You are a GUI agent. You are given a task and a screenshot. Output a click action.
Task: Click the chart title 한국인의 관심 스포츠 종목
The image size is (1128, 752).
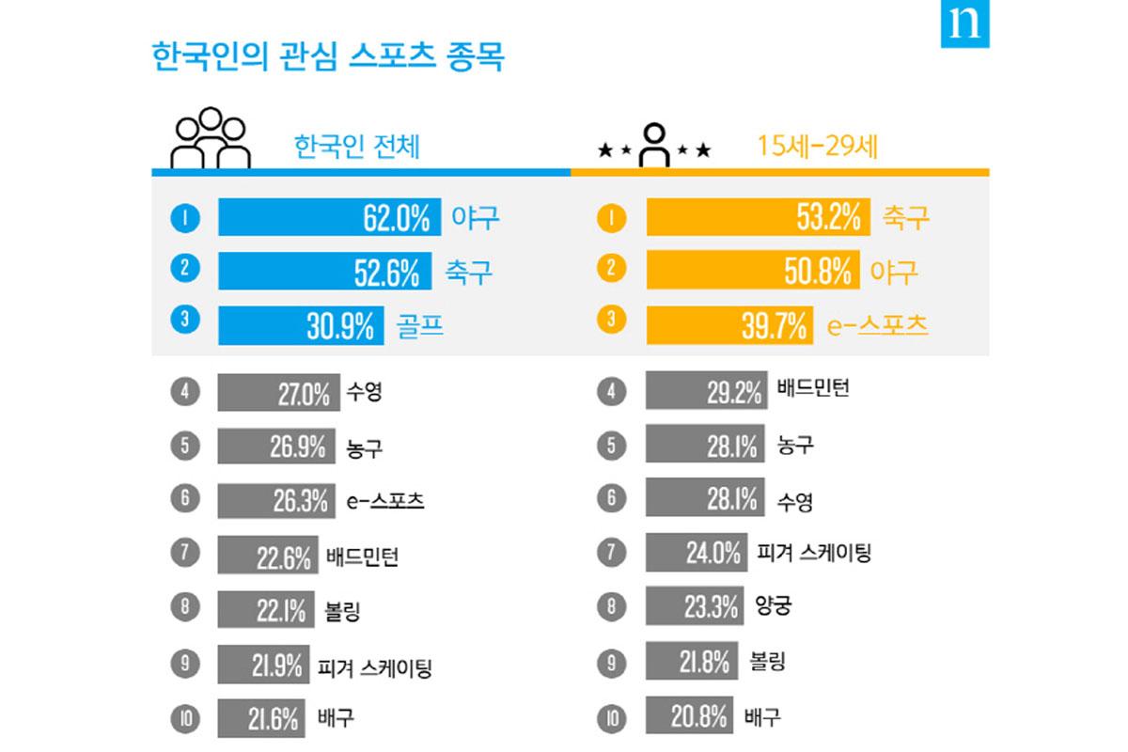[328, 56]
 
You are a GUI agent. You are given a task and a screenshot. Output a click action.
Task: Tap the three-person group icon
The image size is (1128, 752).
[210, 139]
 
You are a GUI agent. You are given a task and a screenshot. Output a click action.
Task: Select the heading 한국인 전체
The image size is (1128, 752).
[356, 148]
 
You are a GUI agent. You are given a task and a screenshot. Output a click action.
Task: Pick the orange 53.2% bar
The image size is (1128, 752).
[758, 218]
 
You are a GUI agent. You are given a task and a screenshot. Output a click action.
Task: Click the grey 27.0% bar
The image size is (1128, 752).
[278, 393]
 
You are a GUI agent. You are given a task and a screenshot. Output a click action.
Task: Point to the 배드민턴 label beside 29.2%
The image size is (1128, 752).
[813, 387]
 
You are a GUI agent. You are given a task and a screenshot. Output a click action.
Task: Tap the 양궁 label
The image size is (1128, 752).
[773, 604]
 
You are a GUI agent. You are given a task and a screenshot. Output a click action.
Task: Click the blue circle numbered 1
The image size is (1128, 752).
[183, 218]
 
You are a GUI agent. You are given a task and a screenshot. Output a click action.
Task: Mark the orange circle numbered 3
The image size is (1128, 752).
[612, 320]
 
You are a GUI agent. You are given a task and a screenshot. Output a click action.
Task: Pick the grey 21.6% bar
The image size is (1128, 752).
[261, 720]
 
